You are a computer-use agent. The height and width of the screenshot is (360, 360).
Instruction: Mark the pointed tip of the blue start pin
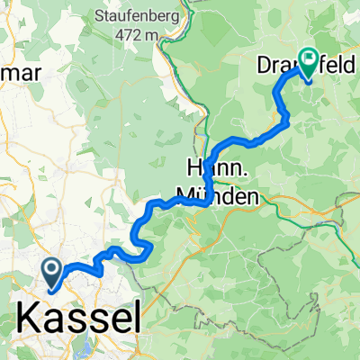click(51, 290)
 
